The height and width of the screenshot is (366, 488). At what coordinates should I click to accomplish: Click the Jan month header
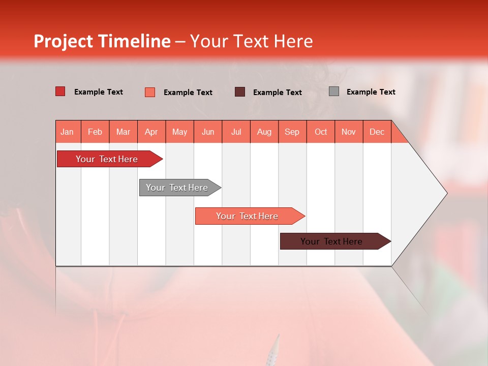tap(68, 132)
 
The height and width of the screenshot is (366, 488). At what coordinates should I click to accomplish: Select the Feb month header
tap(95, 132)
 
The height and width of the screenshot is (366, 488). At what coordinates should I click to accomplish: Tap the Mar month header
tap(123, 132)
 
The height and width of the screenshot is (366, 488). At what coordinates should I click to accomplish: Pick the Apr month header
tap(151, 132)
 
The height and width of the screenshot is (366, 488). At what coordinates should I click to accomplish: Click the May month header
tap(179, 132)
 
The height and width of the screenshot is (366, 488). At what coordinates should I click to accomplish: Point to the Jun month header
tap(208, 132)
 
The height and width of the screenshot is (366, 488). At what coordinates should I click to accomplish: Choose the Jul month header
tap(236, 132)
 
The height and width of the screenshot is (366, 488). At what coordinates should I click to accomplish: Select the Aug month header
tap(264, 132)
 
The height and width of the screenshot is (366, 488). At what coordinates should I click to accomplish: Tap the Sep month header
tap(292, 132)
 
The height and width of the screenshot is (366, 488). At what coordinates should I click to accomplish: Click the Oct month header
tap(321, 132)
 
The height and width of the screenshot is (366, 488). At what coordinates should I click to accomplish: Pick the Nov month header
tap(349, 132)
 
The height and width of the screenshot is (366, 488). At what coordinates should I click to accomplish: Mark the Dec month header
tap(377, 132)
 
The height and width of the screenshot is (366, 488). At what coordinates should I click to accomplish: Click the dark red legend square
tap(60, 91)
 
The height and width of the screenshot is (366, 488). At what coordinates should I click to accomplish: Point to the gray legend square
tap(334, 91)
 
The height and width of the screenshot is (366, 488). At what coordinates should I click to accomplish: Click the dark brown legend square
tap(240, 91)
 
